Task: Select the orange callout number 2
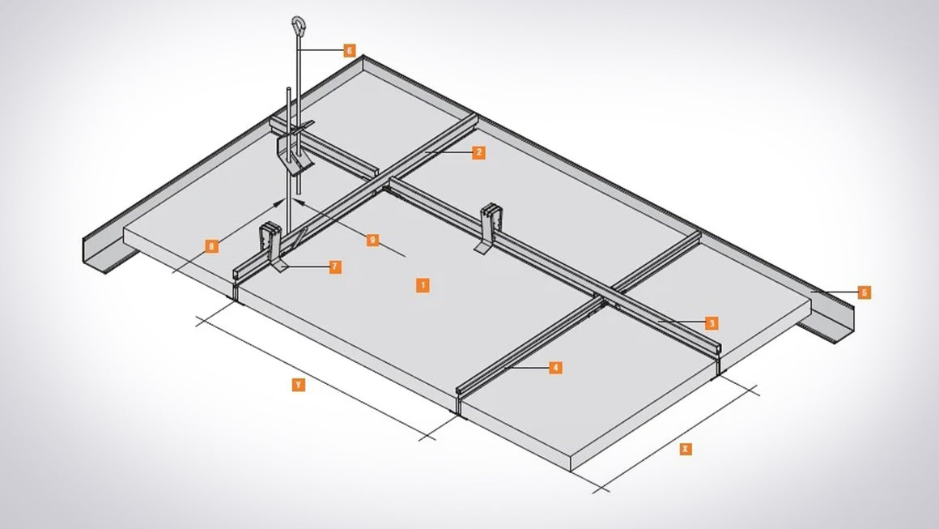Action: tap(478, 151)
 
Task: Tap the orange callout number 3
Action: tap(711, 323)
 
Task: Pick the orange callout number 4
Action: tap(554, 368)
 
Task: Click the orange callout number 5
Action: tap(864, 292)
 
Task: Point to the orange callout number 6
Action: tap(349, 50)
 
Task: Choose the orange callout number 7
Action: tap(334, 267)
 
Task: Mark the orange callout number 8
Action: tap(211, 245)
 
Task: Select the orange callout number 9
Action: tap(372, 240)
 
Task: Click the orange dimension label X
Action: tap(685, 448)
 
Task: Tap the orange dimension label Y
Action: tap(298, 386)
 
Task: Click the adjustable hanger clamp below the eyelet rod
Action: tap(291, 151)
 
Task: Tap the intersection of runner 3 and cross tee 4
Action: tap(605, 300)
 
